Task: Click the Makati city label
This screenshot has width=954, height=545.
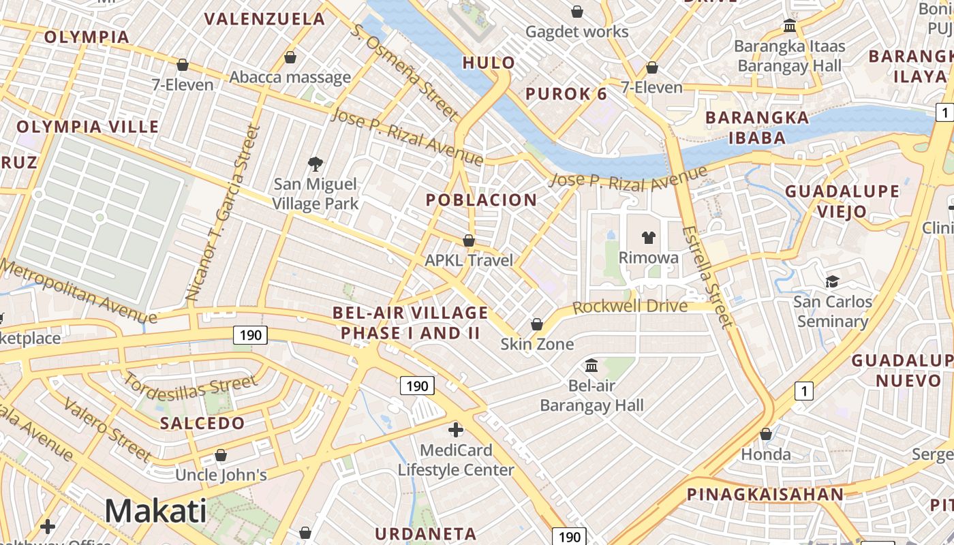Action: click(x=155, y=511)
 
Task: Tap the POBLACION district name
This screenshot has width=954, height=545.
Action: click(x=481, y=200)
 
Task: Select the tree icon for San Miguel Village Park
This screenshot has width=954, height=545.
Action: click(x=315, y=163)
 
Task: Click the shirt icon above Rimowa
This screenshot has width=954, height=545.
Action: click(x=648, y=237)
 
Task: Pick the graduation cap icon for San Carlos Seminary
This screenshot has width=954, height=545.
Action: click(x=832, y=281)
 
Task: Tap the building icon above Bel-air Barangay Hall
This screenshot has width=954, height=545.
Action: click(x=591, y=366)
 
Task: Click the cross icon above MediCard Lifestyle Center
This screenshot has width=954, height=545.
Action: click(x=456, y=430)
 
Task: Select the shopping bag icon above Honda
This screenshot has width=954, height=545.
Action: click(x=766, y=434)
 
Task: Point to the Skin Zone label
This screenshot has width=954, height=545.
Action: click(x=537, y=344)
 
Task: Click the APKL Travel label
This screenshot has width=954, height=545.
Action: click(x=468, y=260)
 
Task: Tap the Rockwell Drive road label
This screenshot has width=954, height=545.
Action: click(x=630, y=307)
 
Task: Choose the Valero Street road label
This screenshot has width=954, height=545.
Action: click(x=110, y=431)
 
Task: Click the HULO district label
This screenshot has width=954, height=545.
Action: click(x=489, y=63)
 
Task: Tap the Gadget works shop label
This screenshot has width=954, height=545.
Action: click(x=576, y=31)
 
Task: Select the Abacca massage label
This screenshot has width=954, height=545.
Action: click(x=290, y=77)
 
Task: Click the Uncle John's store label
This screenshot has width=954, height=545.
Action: click(x=221, y=474)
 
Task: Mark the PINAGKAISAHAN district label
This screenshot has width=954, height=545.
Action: click(x=765, y=495)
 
